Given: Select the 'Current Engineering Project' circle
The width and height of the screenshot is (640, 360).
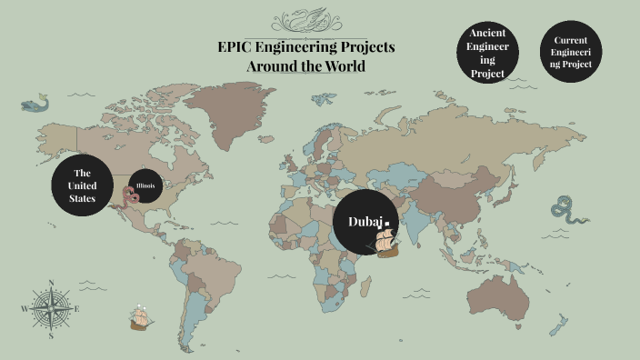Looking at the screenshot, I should tap(572, 53).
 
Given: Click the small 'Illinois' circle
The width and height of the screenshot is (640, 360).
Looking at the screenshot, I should tap(147, 187).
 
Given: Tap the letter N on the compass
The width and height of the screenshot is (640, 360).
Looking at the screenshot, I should tap(52, 283).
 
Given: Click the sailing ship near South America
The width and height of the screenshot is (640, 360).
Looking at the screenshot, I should tap(140, 316).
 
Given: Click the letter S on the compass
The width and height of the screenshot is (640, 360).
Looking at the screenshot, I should tap(52, 335).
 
